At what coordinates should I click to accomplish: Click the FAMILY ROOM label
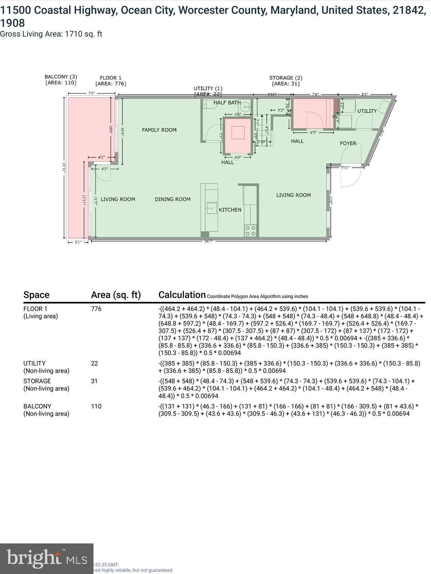(x=159, y=130)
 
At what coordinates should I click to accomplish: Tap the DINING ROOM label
(x=172, y=200)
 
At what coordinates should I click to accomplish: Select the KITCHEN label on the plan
(x=230, y=210)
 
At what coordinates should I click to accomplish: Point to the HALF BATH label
(x=227, y=103)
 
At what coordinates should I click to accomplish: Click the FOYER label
(x=348, y=143)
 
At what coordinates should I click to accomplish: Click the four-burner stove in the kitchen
(x=250, y=231)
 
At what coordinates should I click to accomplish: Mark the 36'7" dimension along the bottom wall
(x=208, y=241)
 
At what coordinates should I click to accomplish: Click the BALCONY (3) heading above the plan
(x=61, y=77)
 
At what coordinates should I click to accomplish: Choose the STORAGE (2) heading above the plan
(x=285, y=78)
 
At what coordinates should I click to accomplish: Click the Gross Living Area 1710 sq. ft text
(x=51, y=34)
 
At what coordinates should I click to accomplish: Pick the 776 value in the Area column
(x=96, y=309)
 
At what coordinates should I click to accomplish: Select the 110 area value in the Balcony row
(x=96, y=406)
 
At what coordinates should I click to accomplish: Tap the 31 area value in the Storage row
(x=94, y=381)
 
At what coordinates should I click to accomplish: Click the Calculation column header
(x=182, y=295)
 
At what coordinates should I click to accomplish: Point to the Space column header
(x=36, y=295)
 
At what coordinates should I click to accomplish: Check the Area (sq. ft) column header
(x=116, y=295)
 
